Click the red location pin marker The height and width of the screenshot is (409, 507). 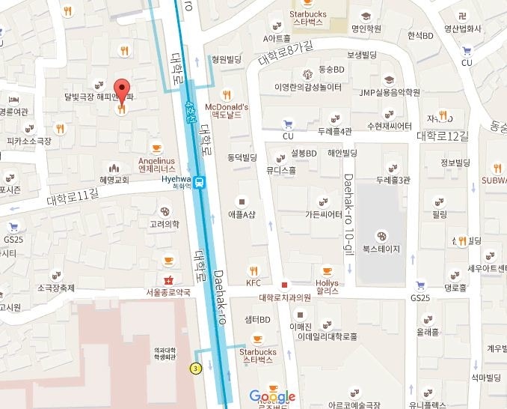(x=121, y=88)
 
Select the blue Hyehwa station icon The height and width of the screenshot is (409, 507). (x=199, y=182)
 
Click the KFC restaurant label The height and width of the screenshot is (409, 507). (x=254, y=282)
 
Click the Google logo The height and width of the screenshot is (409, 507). (x=272, y=396)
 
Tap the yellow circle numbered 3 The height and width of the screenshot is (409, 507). (x=196, y=368)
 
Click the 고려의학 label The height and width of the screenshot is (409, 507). (x=165, y=224)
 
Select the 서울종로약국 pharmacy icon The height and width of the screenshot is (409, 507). (x=168, y=279)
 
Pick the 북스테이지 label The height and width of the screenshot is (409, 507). (x=381, y=248)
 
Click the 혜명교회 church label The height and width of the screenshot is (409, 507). (x=114, y=180)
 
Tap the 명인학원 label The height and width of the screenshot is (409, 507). (x=366, y=28)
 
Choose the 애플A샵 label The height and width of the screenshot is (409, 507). (x=242, y=213)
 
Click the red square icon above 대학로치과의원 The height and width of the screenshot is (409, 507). (x=284, y=285)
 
